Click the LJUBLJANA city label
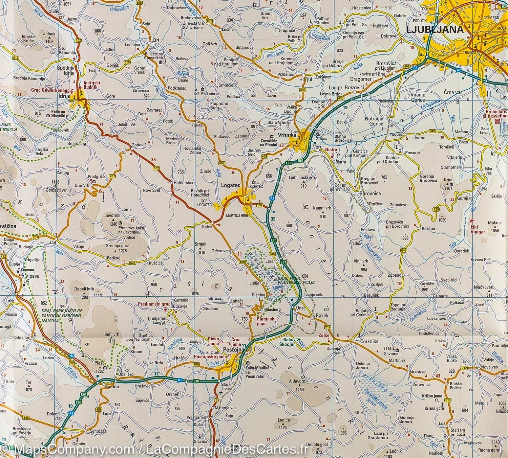[x=435, y=29]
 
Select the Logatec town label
[x=230, y=185]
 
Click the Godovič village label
[x=139, y=145]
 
